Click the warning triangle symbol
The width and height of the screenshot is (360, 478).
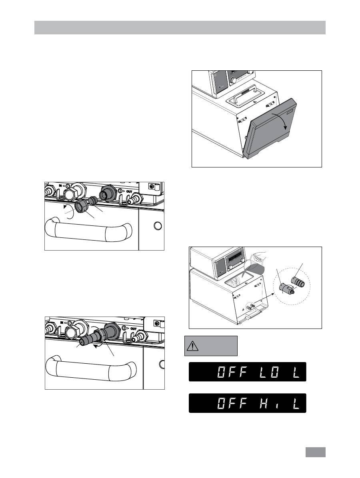[192, 346]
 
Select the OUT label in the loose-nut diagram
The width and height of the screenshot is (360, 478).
[129, 191]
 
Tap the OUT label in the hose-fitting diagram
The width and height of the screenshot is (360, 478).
[134, 329]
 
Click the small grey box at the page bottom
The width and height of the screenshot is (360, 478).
[316, 452]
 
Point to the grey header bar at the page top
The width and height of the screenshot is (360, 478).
[180, 28]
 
